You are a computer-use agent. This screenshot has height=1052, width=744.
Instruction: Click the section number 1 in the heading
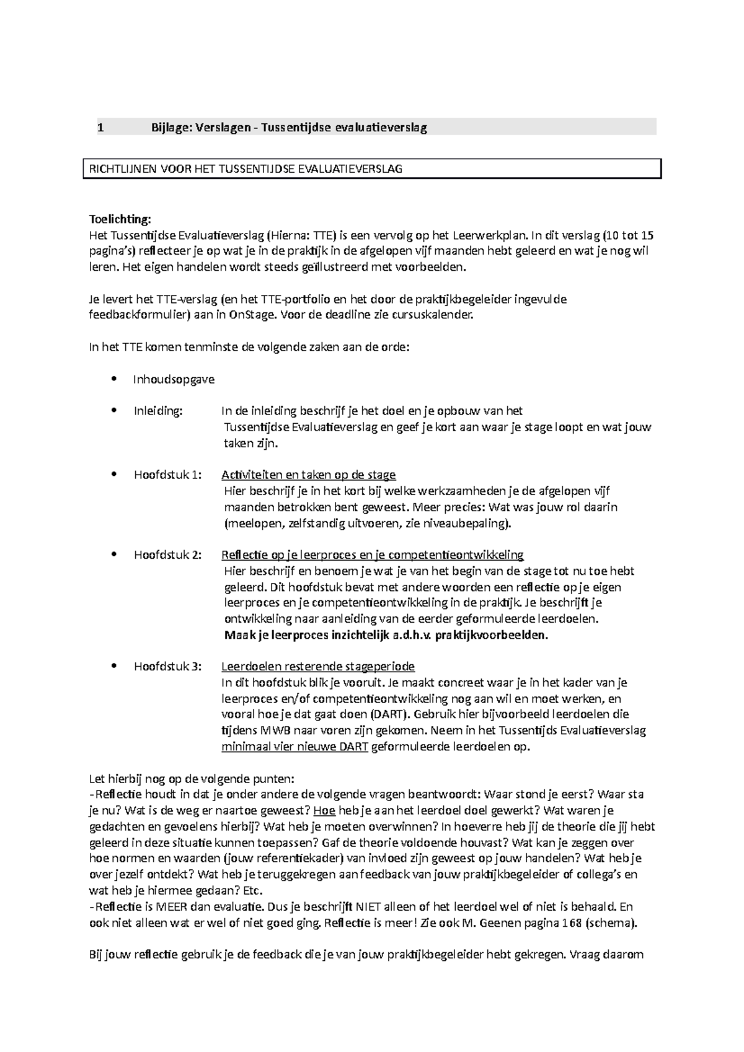[100, 128]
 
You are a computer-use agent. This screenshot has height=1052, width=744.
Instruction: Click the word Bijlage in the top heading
[170, 128]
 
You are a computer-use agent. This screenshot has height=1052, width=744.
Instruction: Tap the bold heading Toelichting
[120, 219]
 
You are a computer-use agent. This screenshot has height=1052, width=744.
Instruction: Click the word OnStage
[252, 315]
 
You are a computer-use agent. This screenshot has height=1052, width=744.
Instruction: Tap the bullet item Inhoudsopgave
[174, 379]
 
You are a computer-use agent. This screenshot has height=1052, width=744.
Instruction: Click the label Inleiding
[158, 411]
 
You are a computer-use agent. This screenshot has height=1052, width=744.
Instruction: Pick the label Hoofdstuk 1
[167, 475]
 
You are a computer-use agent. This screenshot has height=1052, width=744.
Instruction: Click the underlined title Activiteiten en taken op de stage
[308, 475]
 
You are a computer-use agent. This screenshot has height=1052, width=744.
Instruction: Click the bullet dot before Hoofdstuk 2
[112, 554]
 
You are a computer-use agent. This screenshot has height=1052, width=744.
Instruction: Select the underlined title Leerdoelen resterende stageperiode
[318, 667]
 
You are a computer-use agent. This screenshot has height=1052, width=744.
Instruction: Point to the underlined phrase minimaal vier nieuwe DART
[295, 747]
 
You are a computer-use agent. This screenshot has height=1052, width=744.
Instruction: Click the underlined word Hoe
[324, 810]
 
